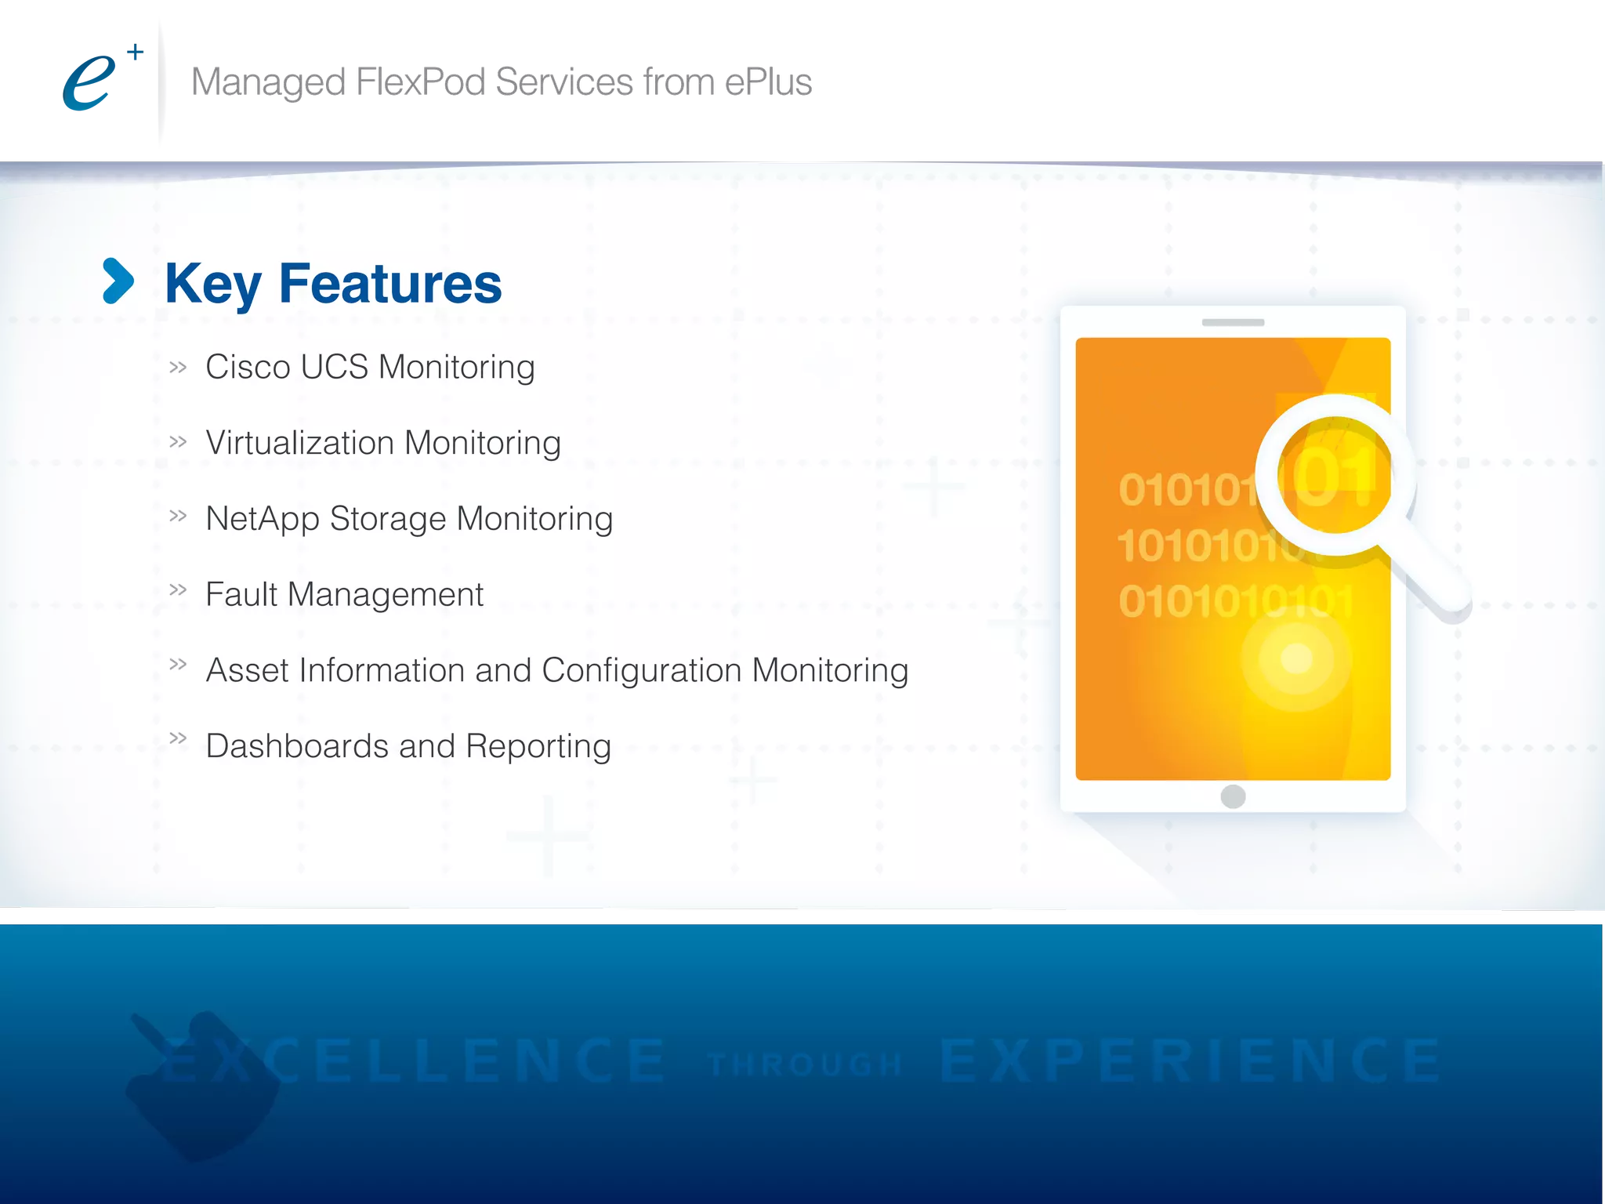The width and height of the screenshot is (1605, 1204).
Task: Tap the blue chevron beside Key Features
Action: tap(118, 281)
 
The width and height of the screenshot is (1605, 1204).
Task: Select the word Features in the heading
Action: tap(389, 284)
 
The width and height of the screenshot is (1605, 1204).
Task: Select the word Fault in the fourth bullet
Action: tap(241, 594)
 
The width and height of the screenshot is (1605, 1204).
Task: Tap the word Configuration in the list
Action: tap(641, 670)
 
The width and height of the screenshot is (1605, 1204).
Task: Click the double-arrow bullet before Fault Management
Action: tap(179, 589)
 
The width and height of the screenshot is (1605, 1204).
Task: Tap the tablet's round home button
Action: tap(1233, 796)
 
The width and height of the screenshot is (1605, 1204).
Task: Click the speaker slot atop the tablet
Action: tap(1233, 322)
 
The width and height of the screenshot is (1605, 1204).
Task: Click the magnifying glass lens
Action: tap(1335, 475)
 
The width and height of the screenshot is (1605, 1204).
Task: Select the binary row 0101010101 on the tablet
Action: tap(1235, 602)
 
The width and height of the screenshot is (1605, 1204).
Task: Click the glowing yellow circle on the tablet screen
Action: tap(1296, 658)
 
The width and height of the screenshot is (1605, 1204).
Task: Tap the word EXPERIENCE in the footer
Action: tap(1190, 1061)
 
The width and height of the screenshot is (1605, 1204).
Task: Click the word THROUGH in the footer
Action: tap(804, 1064)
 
